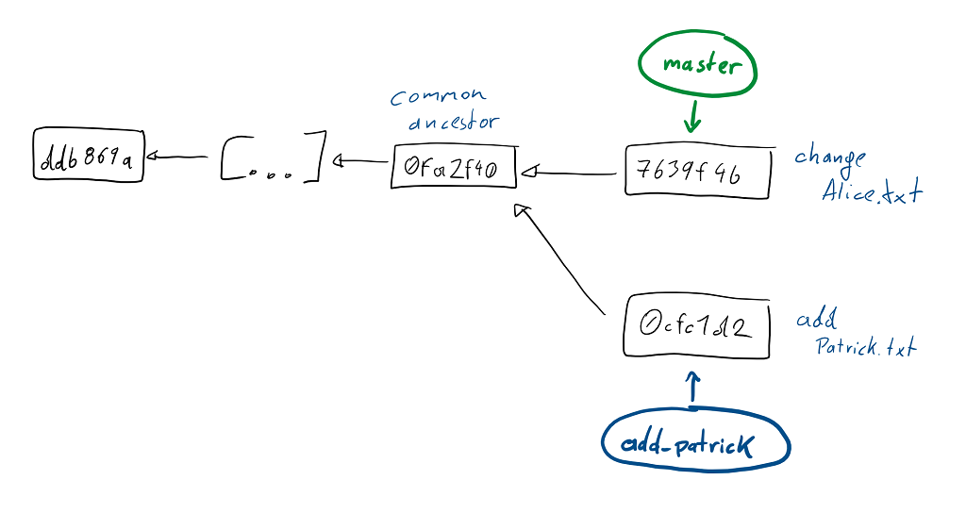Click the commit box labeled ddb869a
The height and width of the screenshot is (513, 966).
(89, 157)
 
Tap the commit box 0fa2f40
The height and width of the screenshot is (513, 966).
(454, 167)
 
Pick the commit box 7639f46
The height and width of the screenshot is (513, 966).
(697, 172)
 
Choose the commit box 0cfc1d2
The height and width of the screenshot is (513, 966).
(696, 326)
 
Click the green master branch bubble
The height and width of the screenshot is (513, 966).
(697, 65)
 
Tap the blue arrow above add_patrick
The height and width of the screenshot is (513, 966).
(693, 388)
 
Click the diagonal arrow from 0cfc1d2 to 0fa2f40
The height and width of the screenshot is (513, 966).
(562, 263)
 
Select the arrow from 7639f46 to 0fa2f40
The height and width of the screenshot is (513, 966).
(571, 173)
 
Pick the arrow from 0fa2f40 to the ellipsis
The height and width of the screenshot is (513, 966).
(361, 161)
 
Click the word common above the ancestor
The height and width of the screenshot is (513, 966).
(438, 96)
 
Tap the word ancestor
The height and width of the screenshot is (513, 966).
(453, 123)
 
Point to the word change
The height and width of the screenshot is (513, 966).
(830, 157)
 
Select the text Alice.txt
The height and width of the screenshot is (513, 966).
(871, 193)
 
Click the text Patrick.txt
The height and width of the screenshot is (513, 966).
(866, 348)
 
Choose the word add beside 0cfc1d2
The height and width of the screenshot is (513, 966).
(817, 320)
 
